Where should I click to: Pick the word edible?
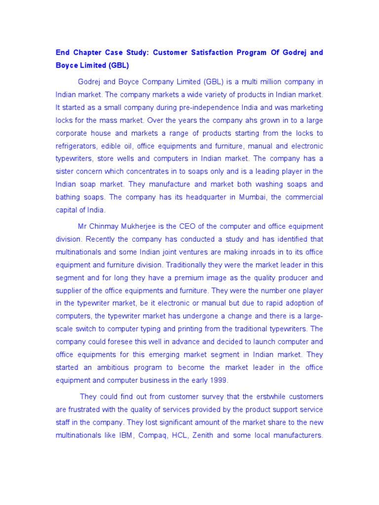(121, 145)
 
